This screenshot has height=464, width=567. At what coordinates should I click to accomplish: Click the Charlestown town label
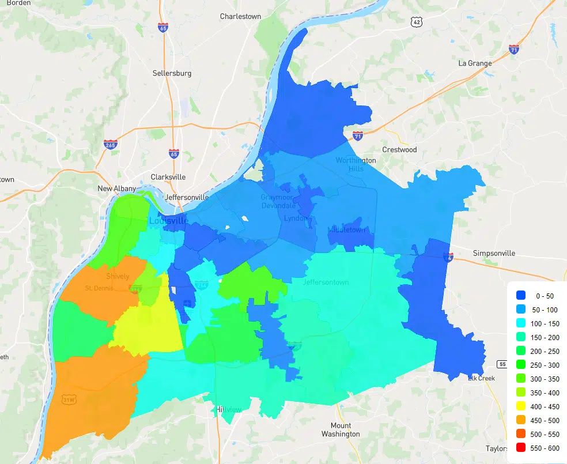click(240, 16)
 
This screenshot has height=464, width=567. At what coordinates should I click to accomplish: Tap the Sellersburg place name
click(172, 73)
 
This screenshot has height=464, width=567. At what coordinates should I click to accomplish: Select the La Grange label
click(475, 63)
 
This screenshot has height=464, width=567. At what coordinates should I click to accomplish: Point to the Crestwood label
click(399, 149)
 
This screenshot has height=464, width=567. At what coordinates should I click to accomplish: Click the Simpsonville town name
click(494, 253)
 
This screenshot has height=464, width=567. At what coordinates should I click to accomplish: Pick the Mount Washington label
click(341, 429)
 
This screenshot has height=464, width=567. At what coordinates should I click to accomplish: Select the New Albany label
click(116, 188)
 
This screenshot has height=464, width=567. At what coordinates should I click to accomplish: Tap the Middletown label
click(347, 229)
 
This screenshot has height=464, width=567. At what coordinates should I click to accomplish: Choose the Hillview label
click(229, 409)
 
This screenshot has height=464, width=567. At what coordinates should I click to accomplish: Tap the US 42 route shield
click(417, 21)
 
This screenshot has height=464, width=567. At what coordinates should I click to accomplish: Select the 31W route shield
click(69, 399)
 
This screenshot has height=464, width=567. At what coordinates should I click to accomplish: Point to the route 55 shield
click(501, 364)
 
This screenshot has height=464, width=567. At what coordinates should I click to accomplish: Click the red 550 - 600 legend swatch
click(521, 447)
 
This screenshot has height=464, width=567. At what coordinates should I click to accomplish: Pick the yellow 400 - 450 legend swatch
click(521, 406)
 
